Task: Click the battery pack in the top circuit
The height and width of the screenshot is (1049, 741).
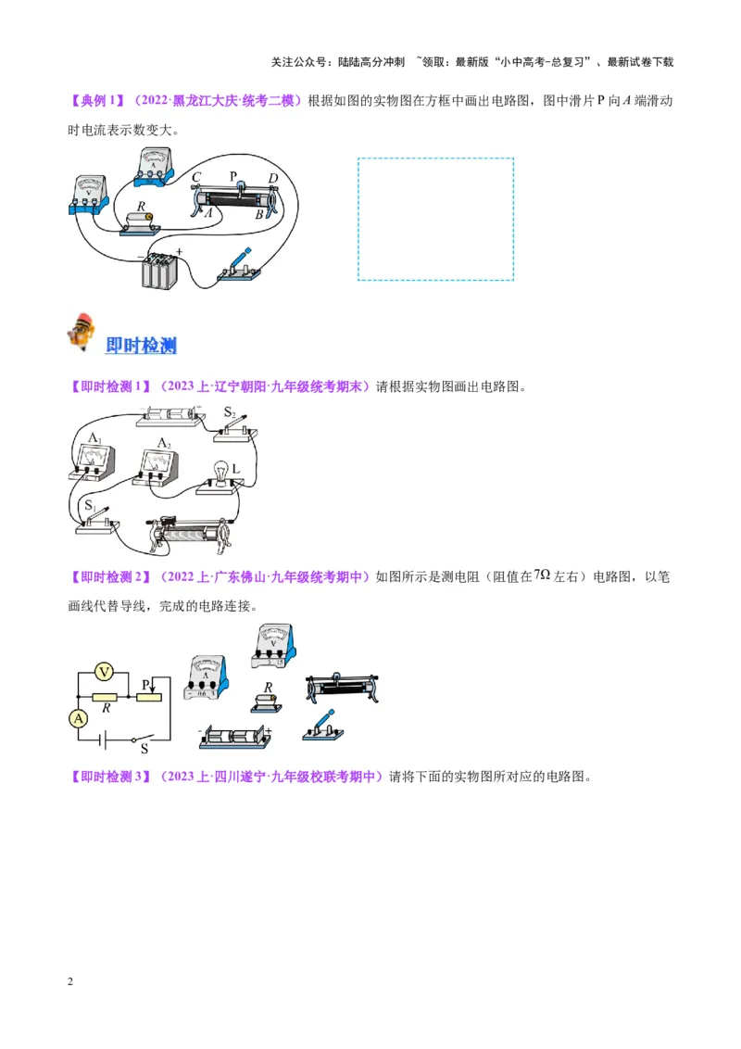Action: [158, 272]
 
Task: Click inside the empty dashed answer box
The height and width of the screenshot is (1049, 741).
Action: [435, 219]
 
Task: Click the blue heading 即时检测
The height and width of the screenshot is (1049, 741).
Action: [141, 346]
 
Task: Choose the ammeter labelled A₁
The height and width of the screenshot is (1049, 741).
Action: [92, 457]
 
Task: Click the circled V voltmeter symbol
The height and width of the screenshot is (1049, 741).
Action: [105, 671]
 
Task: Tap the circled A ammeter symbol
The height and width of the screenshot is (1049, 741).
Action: [79, 717]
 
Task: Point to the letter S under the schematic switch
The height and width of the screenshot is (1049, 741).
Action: [144, 751]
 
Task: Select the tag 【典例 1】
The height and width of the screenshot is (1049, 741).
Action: [96, 100]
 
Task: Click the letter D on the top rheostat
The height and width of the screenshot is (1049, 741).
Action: [272, 178]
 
